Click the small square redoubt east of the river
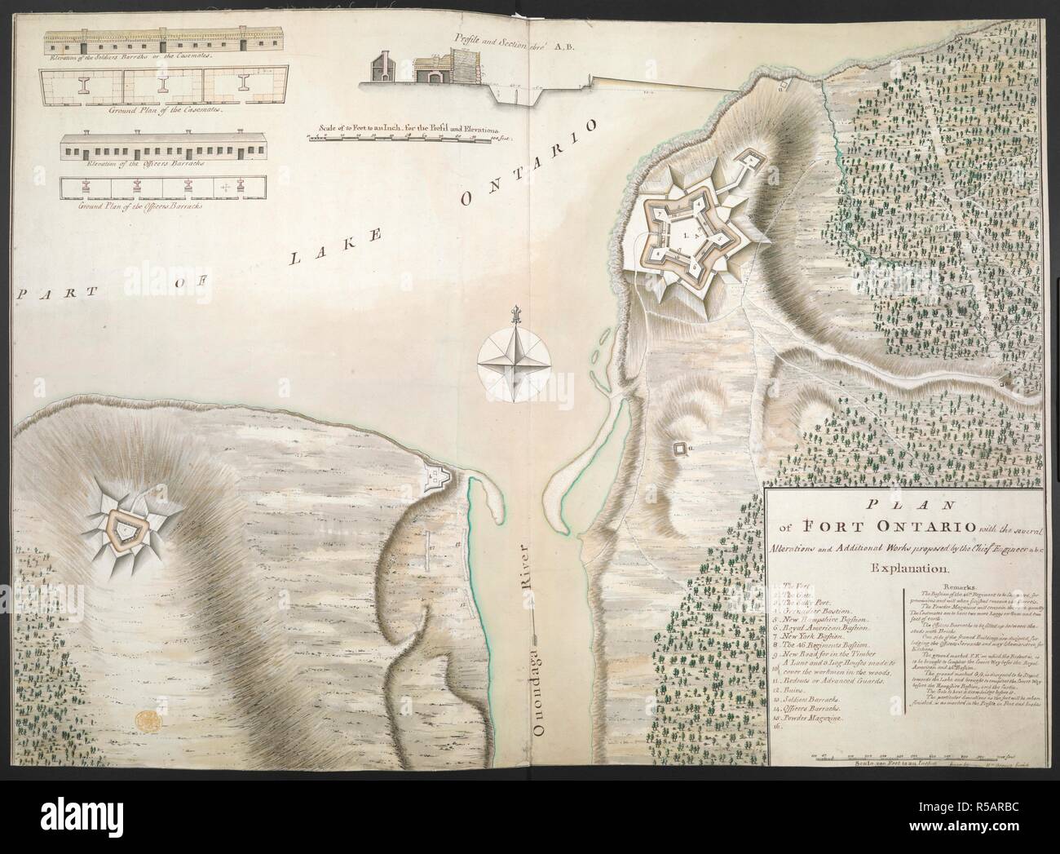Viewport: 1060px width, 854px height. point(678,449)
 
